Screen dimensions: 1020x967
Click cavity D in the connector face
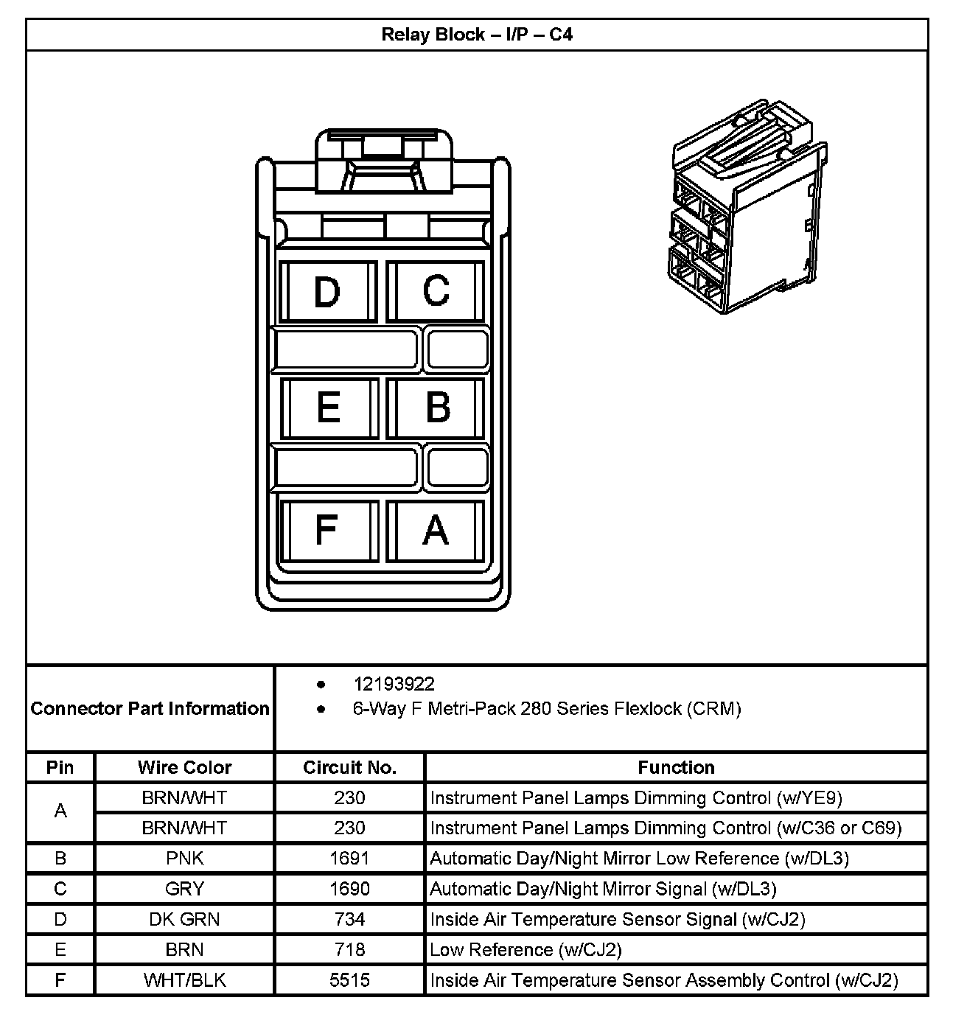[327, 291]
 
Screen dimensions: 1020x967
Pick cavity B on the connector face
[437, 407]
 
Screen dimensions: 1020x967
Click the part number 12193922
[394, 684]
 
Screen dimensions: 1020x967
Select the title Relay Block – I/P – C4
[477, 35]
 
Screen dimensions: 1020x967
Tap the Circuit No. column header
[349, 767]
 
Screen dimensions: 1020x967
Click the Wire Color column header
[184, 767]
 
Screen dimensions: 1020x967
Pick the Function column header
[676, 767]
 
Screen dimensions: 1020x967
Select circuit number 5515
[349, 980]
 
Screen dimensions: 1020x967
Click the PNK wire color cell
[184, 858]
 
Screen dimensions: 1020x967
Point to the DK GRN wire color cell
[184, 919]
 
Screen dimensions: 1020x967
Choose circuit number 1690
[349, 889]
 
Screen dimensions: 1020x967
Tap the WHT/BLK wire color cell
[184, 980]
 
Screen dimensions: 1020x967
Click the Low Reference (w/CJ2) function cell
[526, 949]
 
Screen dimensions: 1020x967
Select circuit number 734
[349, 919]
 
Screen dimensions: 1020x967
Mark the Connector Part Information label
[150, 708]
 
